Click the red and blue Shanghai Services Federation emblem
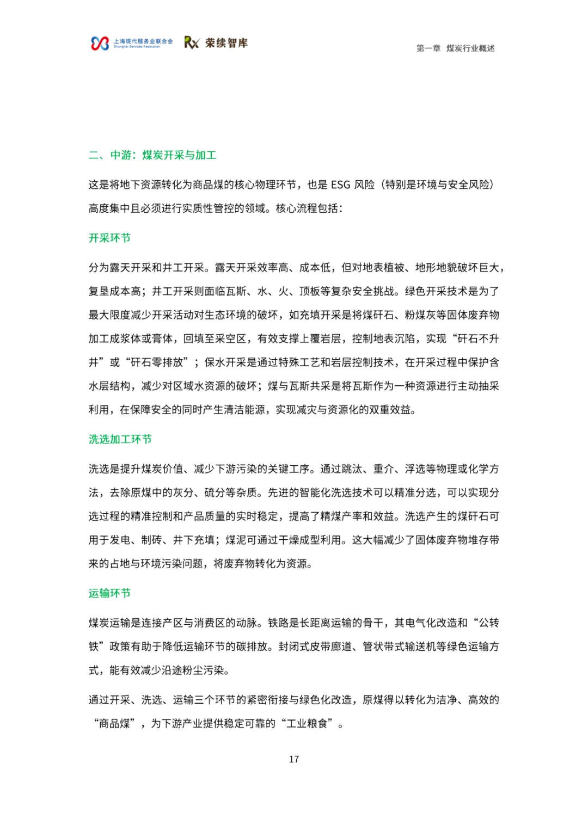(100, 44)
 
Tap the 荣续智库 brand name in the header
(226, 43)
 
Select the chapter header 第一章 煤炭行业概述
(455, 48)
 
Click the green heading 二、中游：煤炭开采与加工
(152, 156)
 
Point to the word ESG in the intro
(340, 185)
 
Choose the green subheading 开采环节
(109, 238)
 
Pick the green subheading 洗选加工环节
(120, 440)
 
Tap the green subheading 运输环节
(109, 594)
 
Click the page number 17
(294, 759)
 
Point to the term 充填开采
(309, 315)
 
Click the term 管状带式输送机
(399, 647)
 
